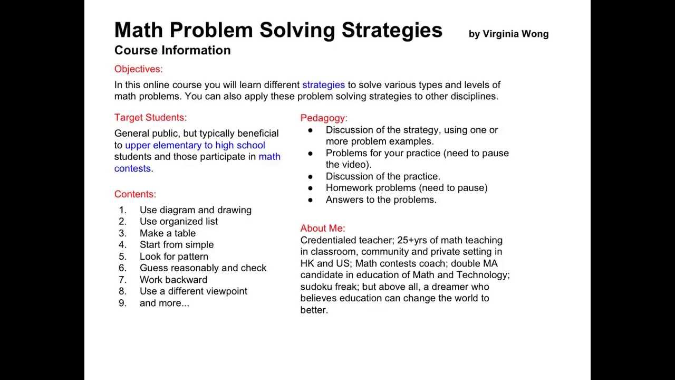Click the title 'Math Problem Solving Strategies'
pos(278,30)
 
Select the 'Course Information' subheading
pos(172,50)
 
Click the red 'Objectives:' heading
pos(138,69)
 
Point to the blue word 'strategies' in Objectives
pos(323,85)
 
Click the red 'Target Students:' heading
pos(150,118)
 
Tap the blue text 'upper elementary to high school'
pos(195,145)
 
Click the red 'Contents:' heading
pos(135,194)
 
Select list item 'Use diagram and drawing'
pos(195,210)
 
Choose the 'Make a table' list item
pos(167,233)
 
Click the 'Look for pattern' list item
pos(173,256)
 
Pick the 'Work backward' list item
pos(173,280)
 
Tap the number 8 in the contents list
pos(122,291)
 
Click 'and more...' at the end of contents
pos(164,303)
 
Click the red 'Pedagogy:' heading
pos(324,118)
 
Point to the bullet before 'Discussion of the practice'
pos(310,176)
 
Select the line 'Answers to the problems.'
pos(381,199)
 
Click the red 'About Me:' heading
pos(323,229)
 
